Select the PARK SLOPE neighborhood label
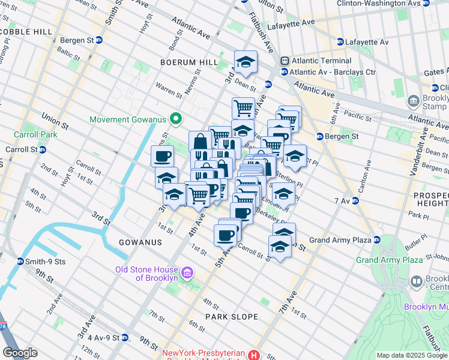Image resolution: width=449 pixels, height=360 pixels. [232, 316]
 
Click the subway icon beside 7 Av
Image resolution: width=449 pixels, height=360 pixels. [355, 200]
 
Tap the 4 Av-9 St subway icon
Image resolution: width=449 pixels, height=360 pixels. [124, 338]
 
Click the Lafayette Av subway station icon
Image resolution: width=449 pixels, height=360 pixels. [340, 43]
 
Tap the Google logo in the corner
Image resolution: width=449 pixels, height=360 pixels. [20, 353]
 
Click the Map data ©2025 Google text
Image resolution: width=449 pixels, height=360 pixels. [412, 355]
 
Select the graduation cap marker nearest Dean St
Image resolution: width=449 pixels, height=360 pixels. [244, 62]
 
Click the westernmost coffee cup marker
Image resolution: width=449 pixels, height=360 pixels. [161, 157]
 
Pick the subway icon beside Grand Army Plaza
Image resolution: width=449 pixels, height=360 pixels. [377, 240]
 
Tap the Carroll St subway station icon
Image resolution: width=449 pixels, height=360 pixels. [42, 149]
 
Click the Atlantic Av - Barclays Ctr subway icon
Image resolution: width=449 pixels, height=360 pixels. [284, 72]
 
